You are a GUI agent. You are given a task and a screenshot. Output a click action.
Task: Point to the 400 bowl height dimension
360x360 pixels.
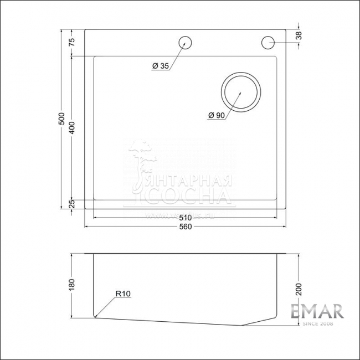point(71,128)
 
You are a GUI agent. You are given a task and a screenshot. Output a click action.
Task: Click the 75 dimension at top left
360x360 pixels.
point(71,43)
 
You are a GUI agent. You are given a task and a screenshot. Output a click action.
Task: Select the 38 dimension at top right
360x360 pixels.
point(299,35)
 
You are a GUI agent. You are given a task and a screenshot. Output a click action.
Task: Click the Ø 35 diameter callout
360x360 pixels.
point(160,66)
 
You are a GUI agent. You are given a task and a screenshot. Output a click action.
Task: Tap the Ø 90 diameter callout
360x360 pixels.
point(216,115)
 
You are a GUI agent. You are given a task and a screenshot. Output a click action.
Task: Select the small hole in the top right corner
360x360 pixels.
point(268,42)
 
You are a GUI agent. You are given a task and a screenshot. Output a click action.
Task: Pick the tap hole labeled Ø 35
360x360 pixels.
point(185,42)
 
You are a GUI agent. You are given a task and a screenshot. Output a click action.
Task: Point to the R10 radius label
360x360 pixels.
point(123,294)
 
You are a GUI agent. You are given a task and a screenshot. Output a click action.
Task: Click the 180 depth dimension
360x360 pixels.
point(71,285)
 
